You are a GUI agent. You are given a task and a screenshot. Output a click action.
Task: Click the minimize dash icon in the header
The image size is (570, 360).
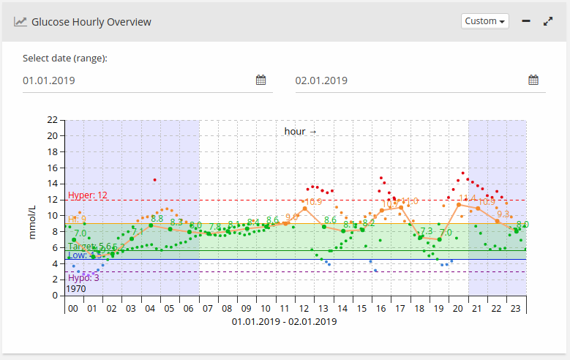coord(526,21)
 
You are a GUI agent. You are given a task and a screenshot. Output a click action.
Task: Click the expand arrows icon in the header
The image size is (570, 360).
coord(548,21)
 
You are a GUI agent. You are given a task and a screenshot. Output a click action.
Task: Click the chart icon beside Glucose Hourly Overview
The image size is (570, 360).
coord(20,22)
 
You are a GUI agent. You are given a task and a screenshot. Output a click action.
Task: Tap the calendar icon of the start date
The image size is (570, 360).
coord(260,80)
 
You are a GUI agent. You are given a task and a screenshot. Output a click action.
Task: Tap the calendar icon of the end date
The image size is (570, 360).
coord(533,80)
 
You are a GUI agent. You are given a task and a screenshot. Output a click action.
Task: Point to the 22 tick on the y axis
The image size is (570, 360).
coord(51,119)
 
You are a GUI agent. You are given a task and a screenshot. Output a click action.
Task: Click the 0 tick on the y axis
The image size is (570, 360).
coord(54,296)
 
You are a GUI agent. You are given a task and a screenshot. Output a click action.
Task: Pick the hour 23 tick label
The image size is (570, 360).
coord(514,310)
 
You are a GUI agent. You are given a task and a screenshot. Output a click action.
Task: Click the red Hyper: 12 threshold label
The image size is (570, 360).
coord(88,195)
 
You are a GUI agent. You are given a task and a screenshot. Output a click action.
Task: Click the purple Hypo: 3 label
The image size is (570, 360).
coord(83,278)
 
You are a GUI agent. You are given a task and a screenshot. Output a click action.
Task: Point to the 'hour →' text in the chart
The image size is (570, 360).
coord(301,132)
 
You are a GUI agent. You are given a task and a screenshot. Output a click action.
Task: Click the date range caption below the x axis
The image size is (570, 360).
coord(284,322)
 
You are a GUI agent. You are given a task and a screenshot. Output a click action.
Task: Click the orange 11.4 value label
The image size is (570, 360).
coord(467,198)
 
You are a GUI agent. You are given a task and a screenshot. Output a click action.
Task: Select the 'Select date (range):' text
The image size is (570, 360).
coord(65,59)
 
